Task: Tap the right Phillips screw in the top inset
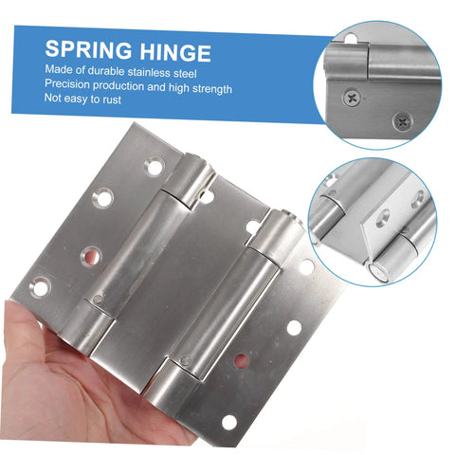click(402, 120)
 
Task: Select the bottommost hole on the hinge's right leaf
click(228, 422)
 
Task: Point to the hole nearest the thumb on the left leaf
click(42, 283)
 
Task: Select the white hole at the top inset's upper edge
click(351, 38)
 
